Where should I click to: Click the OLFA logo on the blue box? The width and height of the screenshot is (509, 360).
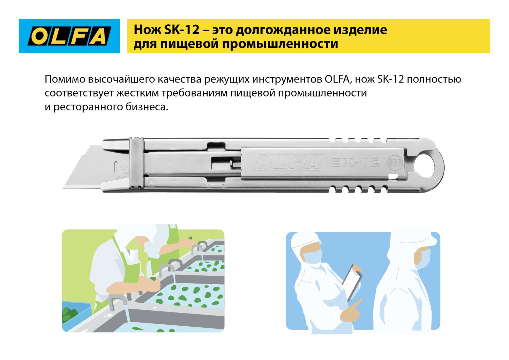pyautogui.click(x=69, y=36)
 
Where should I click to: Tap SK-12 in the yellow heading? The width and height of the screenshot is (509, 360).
pyautogui.click(x=182, y=30)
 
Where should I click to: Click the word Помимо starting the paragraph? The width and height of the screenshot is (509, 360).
pyautogui.click(x=65, y=79)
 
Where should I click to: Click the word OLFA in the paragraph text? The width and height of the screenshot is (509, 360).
pyautogui.click(x=337, y=79)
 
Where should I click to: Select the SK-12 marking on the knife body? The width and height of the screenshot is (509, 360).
pyautogui.click(x=355, y=163)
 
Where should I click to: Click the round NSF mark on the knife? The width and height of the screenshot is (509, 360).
pyautogui.click(x=395, y=163)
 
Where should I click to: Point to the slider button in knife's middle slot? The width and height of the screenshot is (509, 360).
pyautogui.click(x=234, y=164)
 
